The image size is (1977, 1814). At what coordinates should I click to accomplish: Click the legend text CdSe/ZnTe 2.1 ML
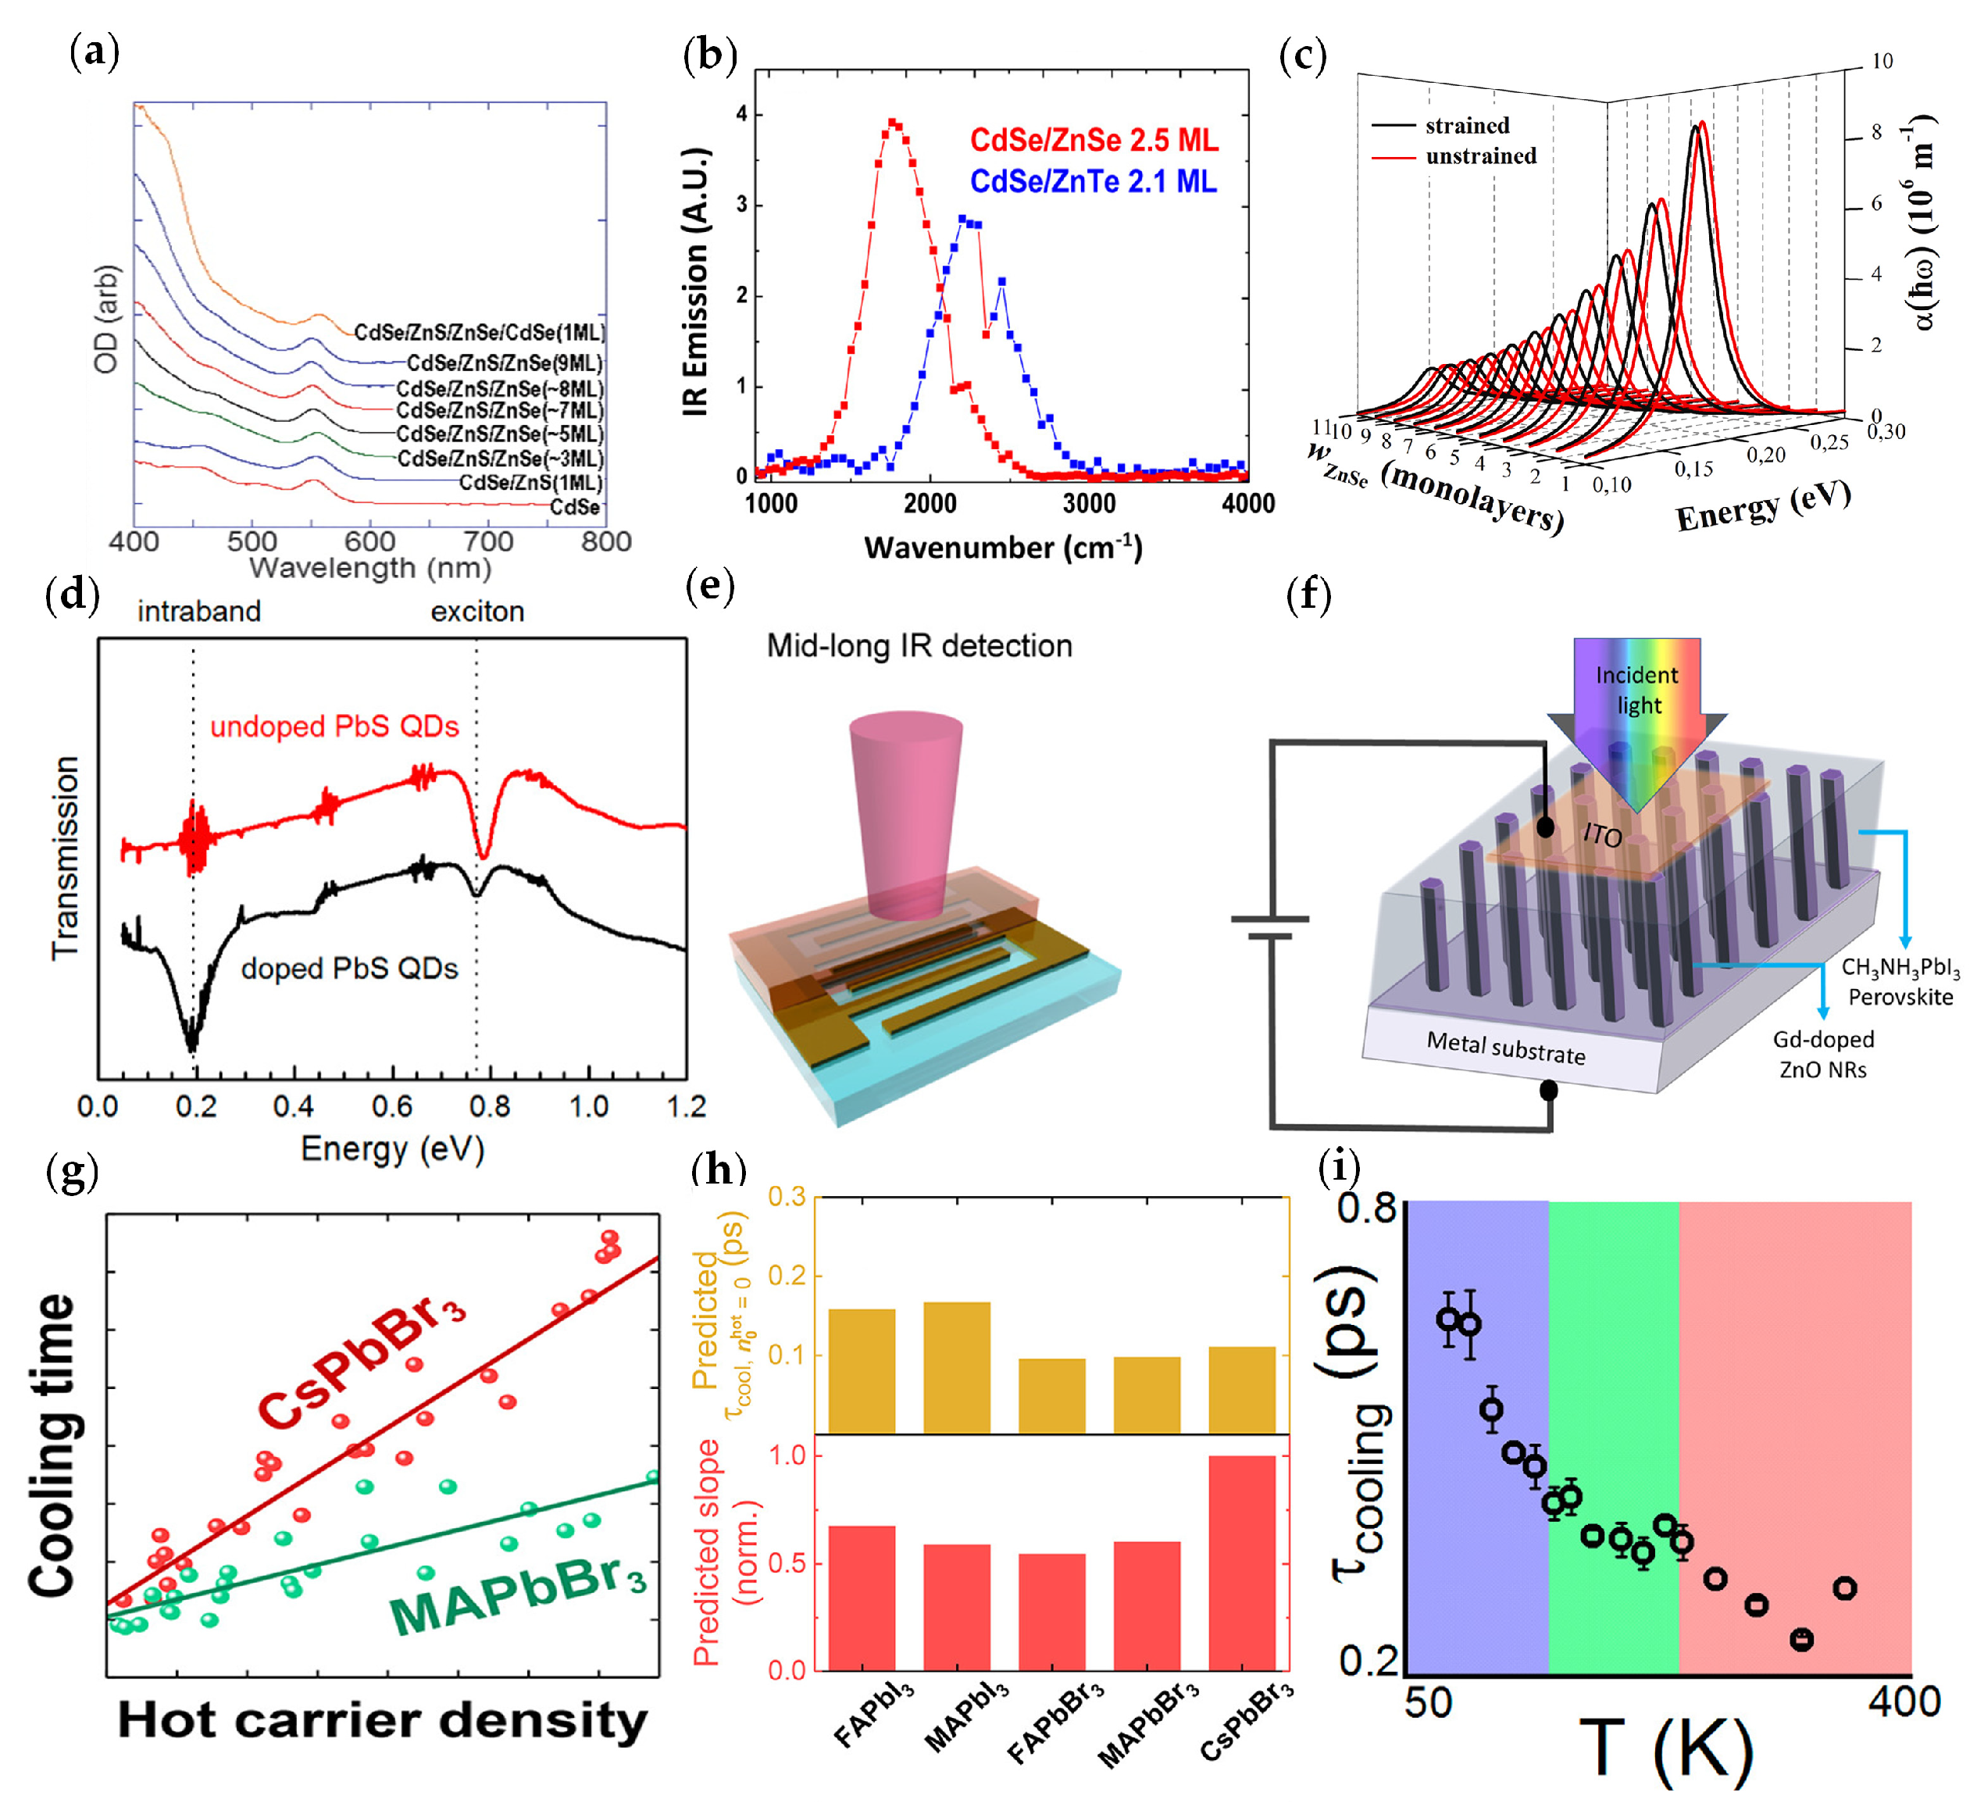click(x=1093, y=181)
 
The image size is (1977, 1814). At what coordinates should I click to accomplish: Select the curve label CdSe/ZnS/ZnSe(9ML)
click(x=505, y=363)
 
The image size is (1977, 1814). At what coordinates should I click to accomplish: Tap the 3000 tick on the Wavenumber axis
click(x=1089, y=505)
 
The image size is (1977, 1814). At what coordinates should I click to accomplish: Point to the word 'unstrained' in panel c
click(x=1480, y=156)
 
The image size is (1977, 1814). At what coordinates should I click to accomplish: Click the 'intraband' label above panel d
click(x=199, y=612)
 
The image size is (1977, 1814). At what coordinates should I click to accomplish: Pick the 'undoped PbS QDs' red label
click(x=335, y=727)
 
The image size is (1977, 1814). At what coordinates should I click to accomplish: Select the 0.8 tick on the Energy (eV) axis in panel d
click(x=490, y=1107)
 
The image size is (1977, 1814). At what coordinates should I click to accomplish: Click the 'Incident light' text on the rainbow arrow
click(x=1637, y=690)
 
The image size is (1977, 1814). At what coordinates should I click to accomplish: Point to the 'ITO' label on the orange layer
click(x=1602, y=835)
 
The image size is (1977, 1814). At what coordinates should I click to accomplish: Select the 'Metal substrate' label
click(x=1505, y=1048)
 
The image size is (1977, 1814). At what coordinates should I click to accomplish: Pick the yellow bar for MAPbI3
click(x=956, y=1367)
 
